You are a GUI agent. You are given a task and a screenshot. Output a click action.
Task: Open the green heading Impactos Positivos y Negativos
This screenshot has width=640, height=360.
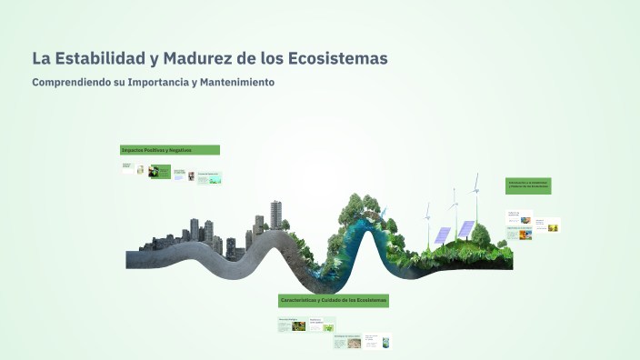(x=169, y=150)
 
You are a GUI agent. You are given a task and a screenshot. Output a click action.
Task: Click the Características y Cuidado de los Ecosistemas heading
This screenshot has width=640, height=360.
(x=333, y=300)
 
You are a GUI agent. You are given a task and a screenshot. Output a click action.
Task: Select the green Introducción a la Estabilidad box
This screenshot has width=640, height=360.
(x=528, y=185)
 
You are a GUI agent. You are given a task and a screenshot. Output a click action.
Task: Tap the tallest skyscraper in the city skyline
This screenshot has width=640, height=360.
(x=275, y=216)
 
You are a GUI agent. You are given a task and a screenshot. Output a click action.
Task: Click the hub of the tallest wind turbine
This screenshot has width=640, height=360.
(x=475, y=192)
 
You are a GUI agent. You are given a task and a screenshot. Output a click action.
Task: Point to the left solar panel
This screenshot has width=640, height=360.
(x=442, y=235)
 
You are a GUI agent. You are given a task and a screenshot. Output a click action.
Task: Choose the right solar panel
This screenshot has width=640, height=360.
(x=465, y=228)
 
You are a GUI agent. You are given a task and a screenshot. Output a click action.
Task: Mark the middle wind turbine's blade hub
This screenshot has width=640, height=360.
(x=453, y=205)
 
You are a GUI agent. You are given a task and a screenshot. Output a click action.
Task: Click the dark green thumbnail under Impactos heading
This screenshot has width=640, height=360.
(x=160, y=170)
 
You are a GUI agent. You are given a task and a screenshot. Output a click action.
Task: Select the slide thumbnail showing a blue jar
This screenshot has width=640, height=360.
(x=386, y=343)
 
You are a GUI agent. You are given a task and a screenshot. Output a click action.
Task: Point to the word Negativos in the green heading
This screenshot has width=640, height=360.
(x=179, y=150)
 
